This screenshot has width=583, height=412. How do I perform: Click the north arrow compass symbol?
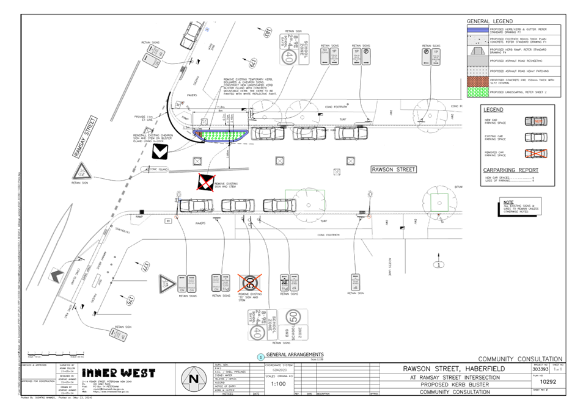(194, 378)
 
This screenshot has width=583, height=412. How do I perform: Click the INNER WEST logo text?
(119, 372)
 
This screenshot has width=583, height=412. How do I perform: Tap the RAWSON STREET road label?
(393, 169)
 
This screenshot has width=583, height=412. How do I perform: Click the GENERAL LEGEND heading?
(490, 21)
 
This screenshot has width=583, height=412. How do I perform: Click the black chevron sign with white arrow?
(160, 151)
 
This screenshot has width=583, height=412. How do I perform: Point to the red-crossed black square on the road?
(206, 181)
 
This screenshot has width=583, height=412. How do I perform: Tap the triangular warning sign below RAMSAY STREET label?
(80, 170)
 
